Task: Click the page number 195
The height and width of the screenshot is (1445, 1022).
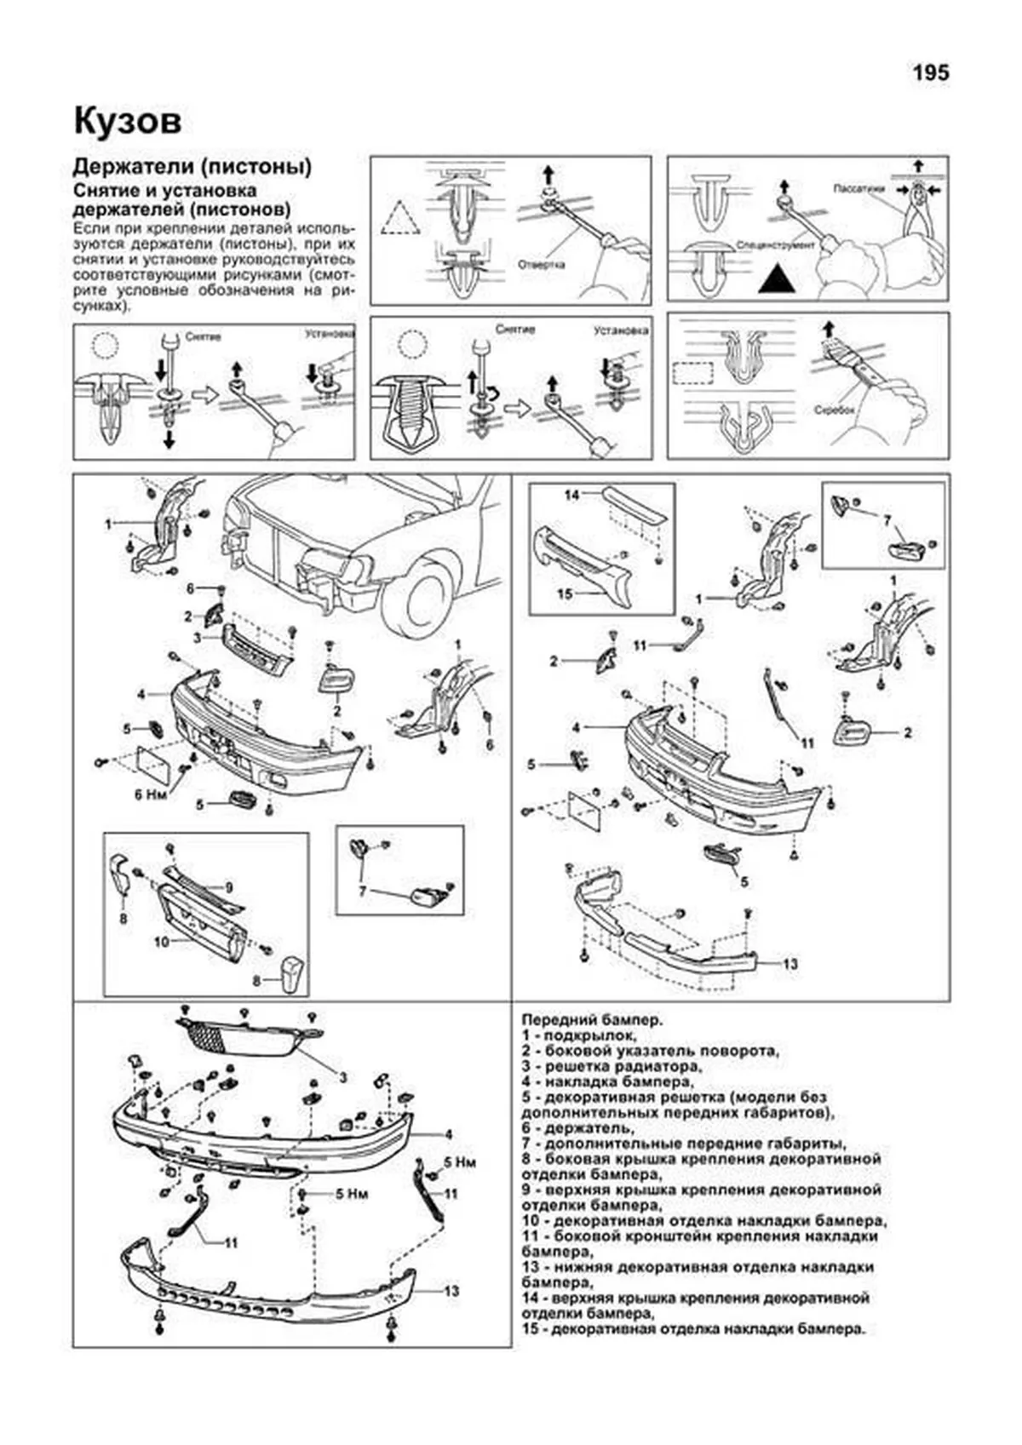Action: pos(930,74)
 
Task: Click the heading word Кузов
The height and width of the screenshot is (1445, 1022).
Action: pos(127,122)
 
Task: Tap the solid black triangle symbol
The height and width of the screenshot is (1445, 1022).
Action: pos(781,278)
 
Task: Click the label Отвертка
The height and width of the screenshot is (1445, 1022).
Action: pos(541,264)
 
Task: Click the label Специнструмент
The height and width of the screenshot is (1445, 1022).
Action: pos(778,245)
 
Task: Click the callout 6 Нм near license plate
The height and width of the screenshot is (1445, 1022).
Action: pos(151,794)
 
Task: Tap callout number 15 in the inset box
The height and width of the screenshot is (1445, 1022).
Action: pos(565,594)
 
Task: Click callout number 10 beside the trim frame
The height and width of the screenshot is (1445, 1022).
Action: pos(162,942)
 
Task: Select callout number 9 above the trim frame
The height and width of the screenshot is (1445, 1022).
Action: pos(228,886)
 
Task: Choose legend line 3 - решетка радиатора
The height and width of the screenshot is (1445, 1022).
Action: pos(611,1066)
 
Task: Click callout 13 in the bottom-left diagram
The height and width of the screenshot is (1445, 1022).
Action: pos(451,1292)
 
